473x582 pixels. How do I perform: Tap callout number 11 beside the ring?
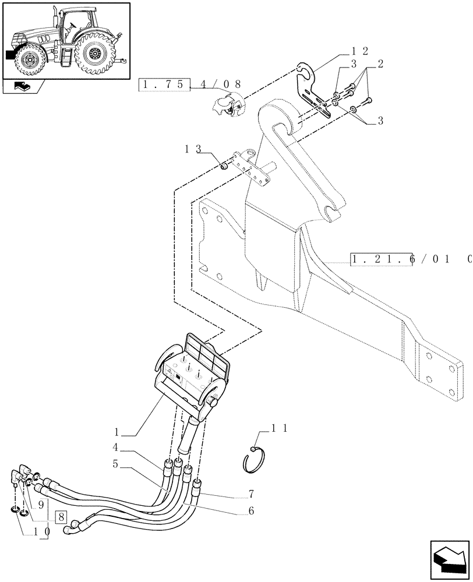pos(279,428)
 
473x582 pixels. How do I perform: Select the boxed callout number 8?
pos(62,516)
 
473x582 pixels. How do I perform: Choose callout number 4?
pos(117,449)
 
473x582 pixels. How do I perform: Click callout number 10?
pos(41,531)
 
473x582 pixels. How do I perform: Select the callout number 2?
pos(380,65)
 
